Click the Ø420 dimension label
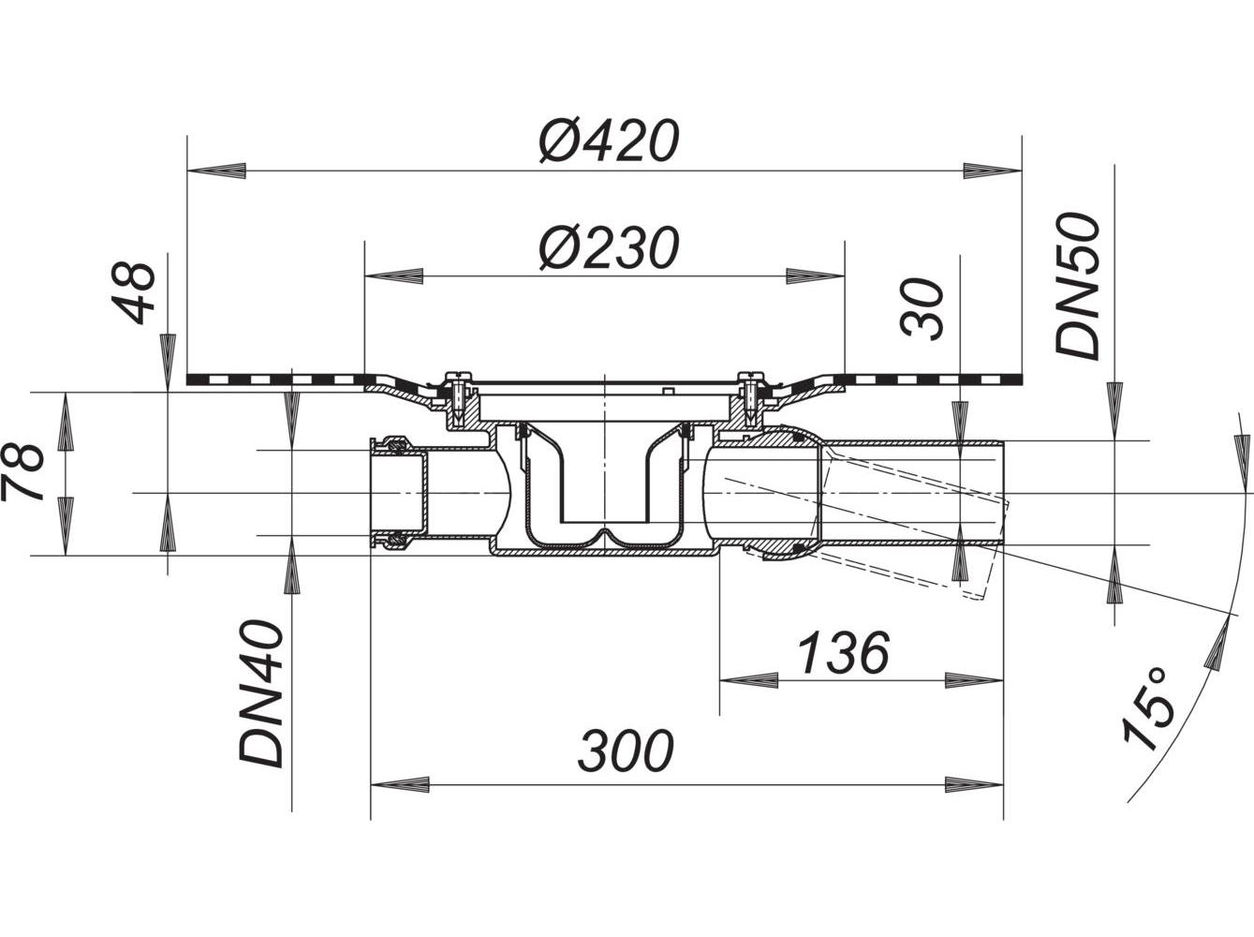[x=607, y=141]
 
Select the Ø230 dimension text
[x=607, y=248]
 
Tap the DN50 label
[x=1079, y=285]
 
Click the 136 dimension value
[x=841, y=653]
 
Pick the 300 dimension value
[x=625, y=751]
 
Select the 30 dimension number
[x=922, y=308]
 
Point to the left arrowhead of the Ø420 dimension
[x=217, y=171]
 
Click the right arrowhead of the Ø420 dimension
[x=991, y=171]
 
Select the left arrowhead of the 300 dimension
[x=401, y=785]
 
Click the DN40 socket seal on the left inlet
[x=391, y=491]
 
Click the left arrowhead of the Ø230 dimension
[x=393, y=276]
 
